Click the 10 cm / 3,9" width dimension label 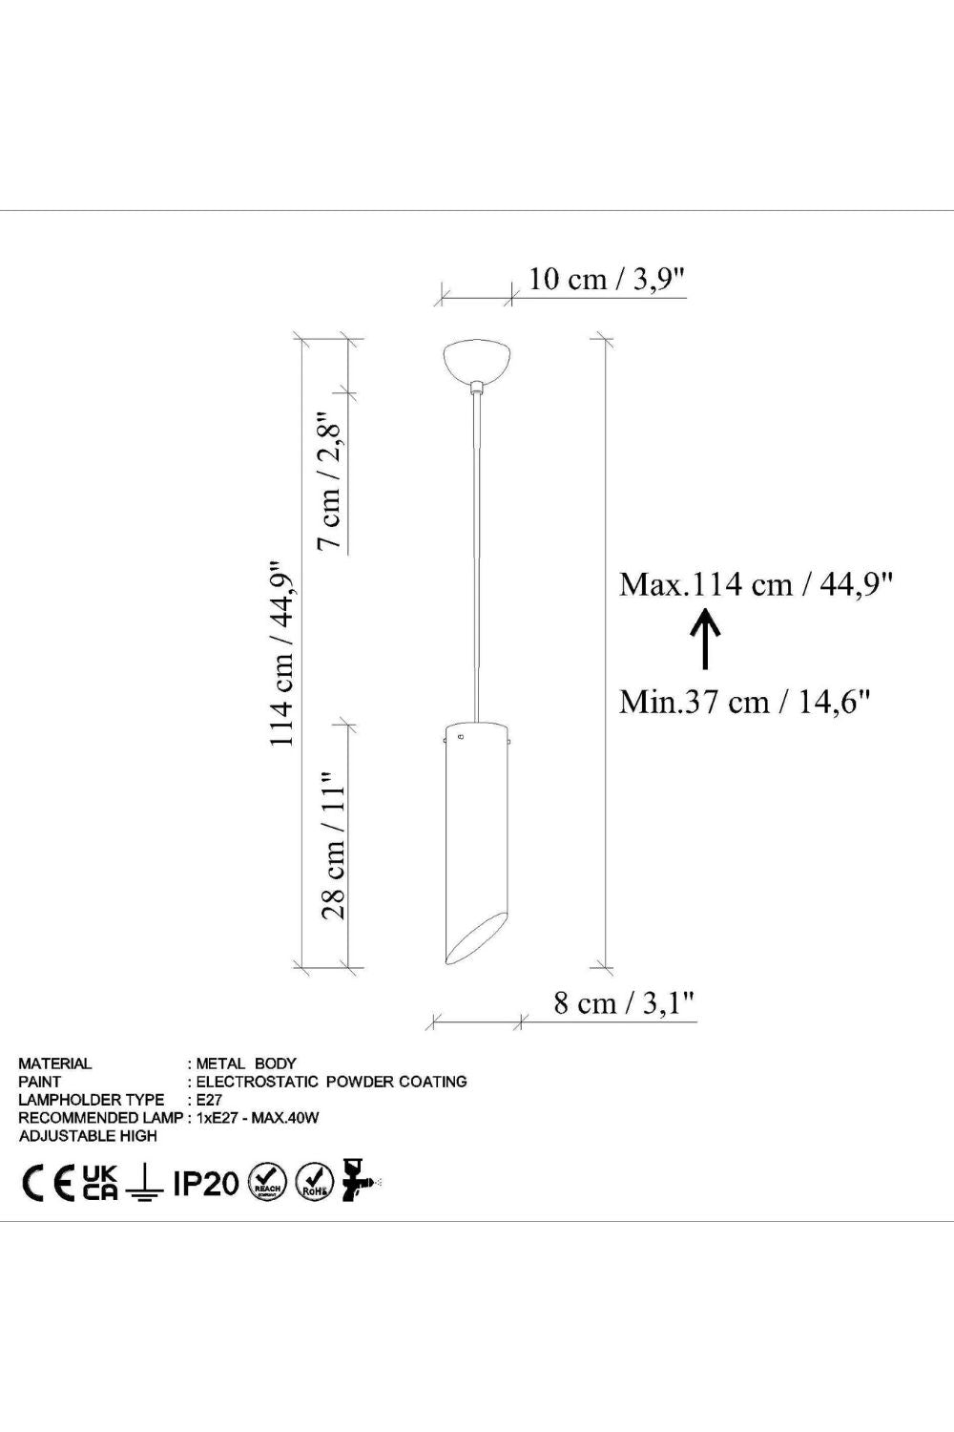[607, 280]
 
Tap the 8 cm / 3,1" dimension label [624, 1003]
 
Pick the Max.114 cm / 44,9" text [756, 584]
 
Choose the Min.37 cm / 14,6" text [745, 702]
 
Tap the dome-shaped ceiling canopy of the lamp [478, 362]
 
